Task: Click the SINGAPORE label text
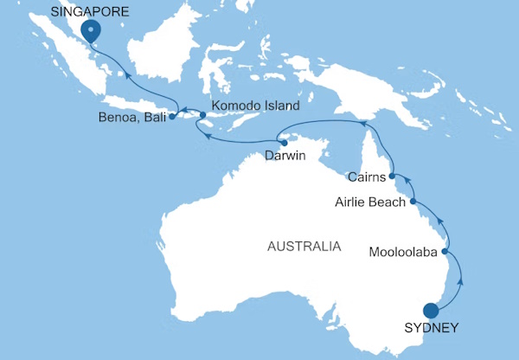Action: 90,12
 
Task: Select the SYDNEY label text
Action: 431,328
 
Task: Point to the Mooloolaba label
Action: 404,254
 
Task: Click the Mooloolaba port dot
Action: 446,253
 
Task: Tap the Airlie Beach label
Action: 369,202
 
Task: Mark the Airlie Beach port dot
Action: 413,202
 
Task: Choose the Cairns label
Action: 365,177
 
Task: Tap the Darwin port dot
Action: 284,142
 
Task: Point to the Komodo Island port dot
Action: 203,114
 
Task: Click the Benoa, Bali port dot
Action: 173,116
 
